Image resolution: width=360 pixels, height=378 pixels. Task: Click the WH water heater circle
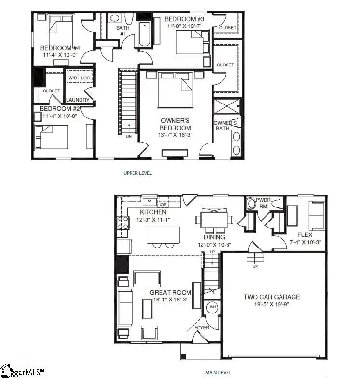click(213, 307)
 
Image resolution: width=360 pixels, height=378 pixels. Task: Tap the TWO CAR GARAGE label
click(271, 297)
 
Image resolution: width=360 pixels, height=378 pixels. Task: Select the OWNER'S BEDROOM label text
click(175, 124)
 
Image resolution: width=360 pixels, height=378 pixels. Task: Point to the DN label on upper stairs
click(128, 136)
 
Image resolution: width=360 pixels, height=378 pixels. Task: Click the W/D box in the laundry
click(72, 78)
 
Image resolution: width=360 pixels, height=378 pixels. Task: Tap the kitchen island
click(163, 235)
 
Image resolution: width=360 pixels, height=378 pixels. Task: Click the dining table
click(214, 220)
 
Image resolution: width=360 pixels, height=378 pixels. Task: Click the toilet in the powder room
click(251, 204)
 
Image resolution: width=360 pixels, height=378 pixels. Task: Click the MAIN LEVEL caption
click(218, 372)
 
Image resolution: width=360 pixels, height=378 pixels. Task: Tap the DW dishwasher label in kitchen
click(162, 204)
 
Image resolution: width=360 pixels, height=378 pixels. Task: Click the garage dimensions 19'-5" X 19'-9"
click(271, 304)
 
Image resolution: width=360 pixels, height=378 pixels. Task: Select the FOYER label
click(201, 328)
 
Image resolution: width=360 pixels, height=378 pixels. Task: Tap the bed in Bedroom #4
click(59, 30)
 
